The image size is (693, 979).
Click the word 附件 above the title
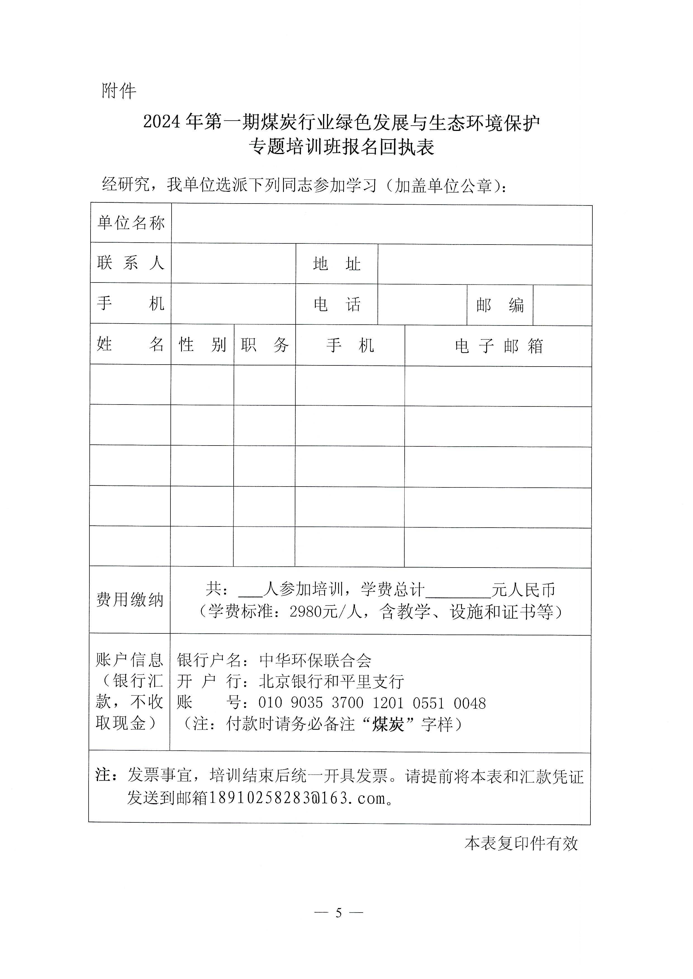click(119, 91)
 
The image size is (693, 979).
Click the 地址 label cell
click(337, 264)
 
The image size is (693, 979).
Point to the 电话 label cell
click(337, 305)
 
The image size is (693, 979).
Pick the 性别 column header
click(202, 344)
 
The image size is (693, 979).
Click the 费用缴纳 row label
click(130, 600)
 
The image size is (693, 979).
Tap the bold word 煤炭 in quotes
click(388, 724)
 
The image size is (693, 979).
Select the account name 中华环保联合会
click(315, 660)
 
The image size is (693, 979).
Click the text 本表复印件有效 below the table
click(521, 843)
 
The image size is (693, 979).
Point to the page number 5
click(339, 913)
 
